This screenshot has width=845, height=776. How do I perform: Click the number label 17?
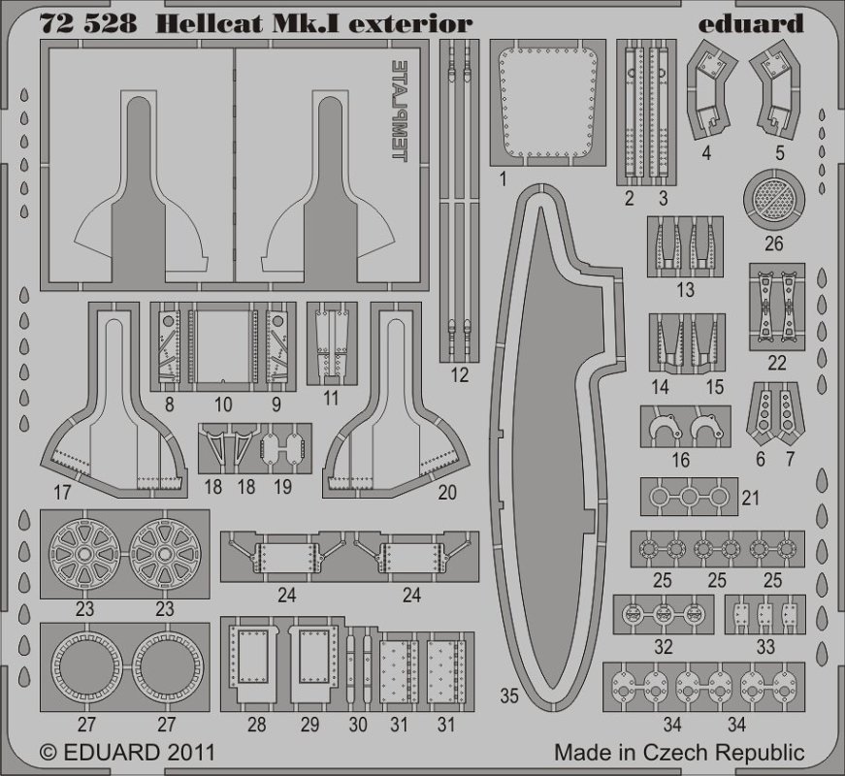(63, 493)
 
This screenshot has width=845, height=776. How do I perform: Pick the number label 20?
(446, 493)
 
